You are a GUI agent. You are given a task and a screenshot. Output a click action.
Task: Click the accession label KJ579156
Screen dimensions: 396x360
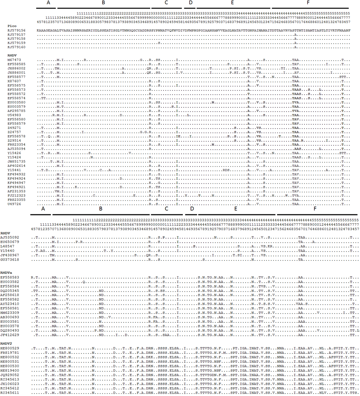[15, 31]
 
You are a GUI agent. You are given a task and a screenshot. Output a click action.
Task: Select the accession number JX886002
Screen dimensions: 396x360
[15, 68]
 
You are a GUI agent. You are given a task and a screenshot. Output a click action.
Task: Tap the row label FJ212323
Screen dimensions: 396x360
[15, 195]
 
